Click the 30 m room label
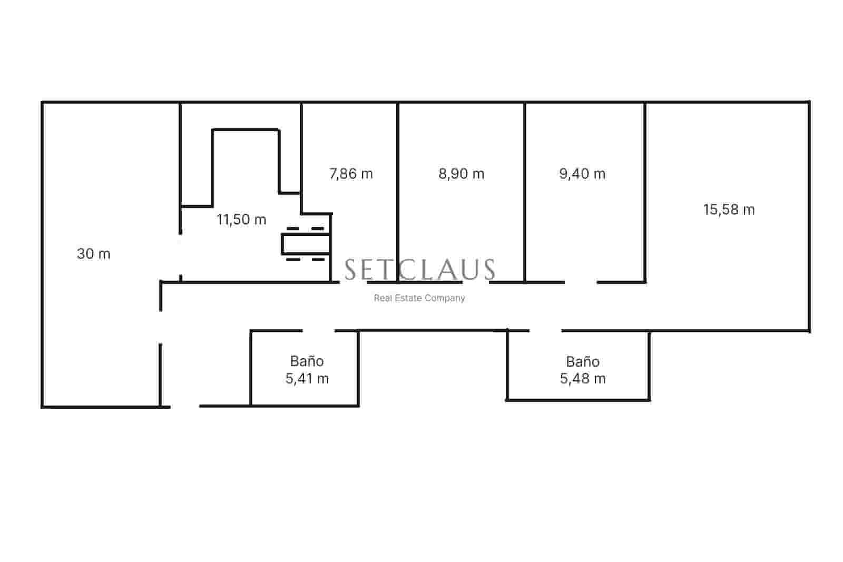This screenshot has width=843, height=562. tap(94, 254)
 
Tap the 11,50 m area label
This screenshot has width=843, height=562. tap(241, 220)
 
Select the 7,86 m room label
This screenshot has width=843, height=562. tap(351, 174)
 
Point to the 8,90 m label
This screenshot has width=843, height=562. tap(462, 174)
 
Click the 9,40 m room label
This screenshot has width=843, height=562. tap(582, 174)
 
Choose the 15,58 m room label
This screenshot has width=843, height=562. tap(729, 210)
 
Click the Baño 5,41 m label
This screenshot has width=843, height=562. tap(307, 370)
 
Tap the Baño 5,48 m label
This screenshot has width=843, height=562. tap(583, 370)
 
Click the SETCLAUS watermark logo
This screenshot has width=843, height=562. tap(420, 270)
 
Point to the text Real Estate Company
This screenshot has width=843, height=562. tap(419, 298)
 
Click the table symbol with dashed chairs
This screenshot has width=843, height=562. tap(306, 244)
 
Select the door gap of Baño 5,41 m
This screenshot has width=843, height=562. tap(319, 331)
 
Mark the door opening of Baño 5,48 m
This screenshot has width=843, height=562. tap(545, 331)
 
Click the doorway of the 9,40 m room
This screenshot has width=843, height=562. tap(581, 282)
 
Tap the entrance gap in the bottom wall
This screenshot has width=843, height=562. tap(185, 406)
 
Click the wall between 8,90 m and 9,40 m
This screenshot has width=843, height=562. tap(525, 190)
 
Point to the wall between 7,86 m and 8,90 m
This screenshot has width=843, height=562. tap(398, 190)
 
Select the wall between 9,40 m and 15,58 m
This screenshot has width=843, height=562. tap(645, 190)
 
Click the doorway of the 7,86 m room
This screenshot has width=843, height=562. tap(353, 282)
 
